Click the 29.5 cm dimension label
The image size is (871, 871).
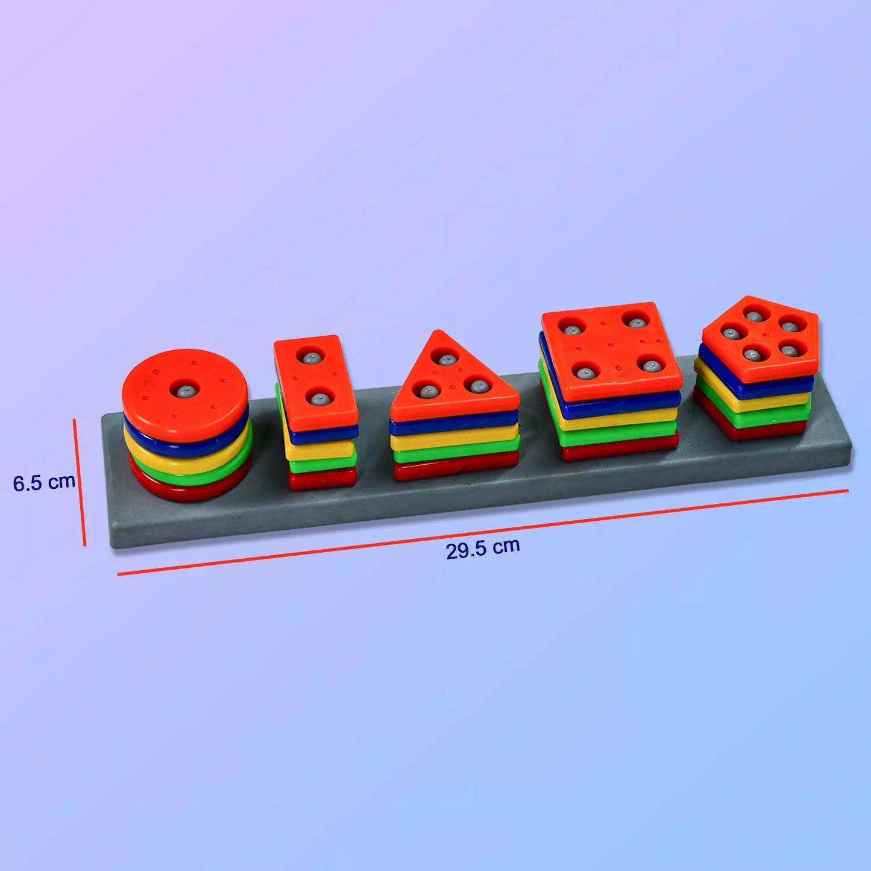(483, 548)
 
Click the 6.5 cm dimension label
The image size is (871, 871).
(44, 482)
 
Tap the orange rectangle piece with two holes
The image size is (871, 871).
(315, 380)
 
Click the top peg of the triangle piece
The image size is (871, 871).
(445, 360)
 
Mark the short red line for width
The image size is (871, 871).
(80, 483)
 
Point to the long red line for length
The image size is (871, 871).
(482, 532)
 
